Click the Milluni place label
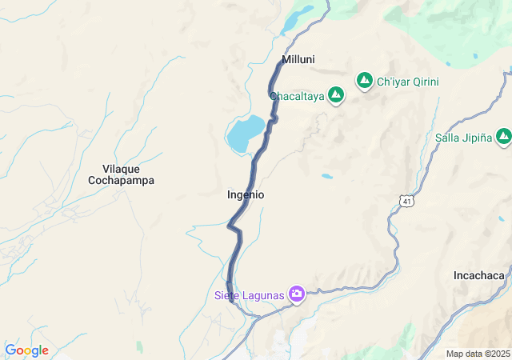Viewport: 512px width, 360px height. pos(298,59)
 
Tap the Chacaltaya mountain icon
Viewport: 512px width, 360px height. pos(336,96)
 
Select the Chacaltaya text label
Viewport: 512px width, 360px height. pos(297,97)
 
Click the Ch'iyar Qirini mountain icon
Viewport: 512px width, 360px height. pos(365,81)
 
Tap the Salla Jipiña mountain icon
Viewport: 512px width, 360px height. pos(503,137)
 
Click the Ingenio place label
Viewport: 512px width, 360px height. pos(246,194)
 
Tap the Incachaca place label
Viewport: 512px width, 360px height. pos(478,275)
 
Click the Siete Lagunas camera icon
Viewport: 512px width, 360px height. pos(297,294)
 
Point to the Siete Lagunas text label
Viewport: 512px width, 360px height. pos(249,295)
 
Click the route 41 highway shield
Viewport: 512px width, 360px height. pos(407,201)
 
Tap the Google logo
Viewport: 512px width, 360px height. pos(26,350)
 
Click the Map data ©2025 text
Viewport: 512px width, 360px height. pos(478,354)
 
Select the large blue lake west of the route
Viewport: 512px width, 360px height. pos(244,133)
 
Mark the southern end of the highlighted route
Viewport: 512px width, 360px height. pos(230,301)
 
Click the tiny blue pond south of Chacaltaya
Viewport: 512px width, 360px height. pos(326,176)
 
